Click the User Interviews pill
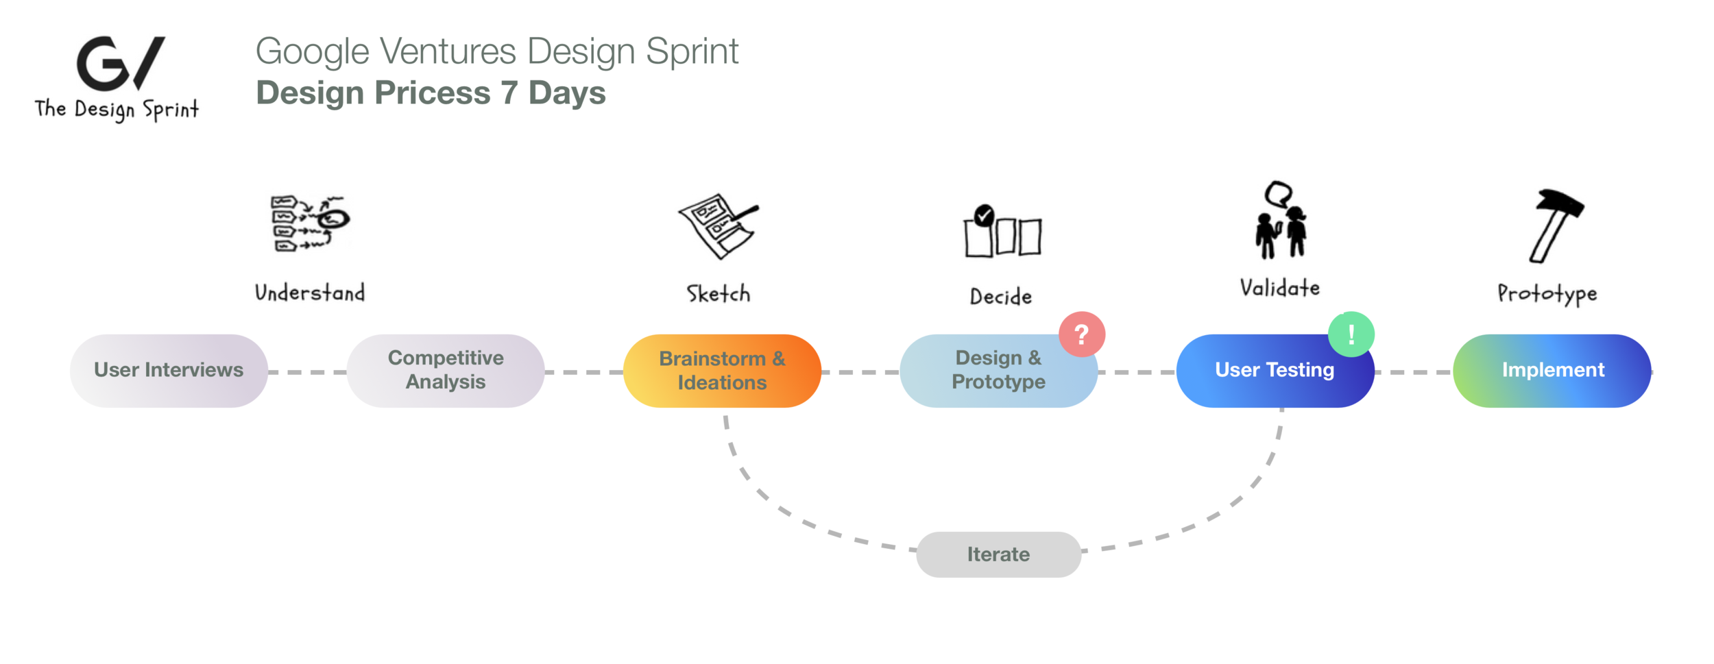tap(169, 371)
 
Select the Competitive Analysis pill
tap(446, 371)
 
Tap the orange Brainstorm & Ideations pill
tap(722, 371)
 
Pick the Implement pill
tap(1552, 371)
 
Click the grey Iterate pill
tap(998, 554)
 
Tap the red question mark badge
tap(1081, 334)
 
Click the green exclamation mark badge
tap(1351, 334)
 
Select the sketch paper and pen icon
tap(718, 226)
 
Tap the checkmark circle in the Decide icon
tap(984, 215)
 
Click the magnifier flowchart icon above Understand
tap(310, 223)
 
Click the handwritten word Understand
tap(310, 293)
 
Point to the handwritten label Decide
tap(1000, 297)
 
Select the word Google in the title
tap(313, 52)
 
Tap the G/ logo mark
tap(120, 63)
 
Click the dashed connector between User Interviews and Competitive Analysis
tap(307, 372)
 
